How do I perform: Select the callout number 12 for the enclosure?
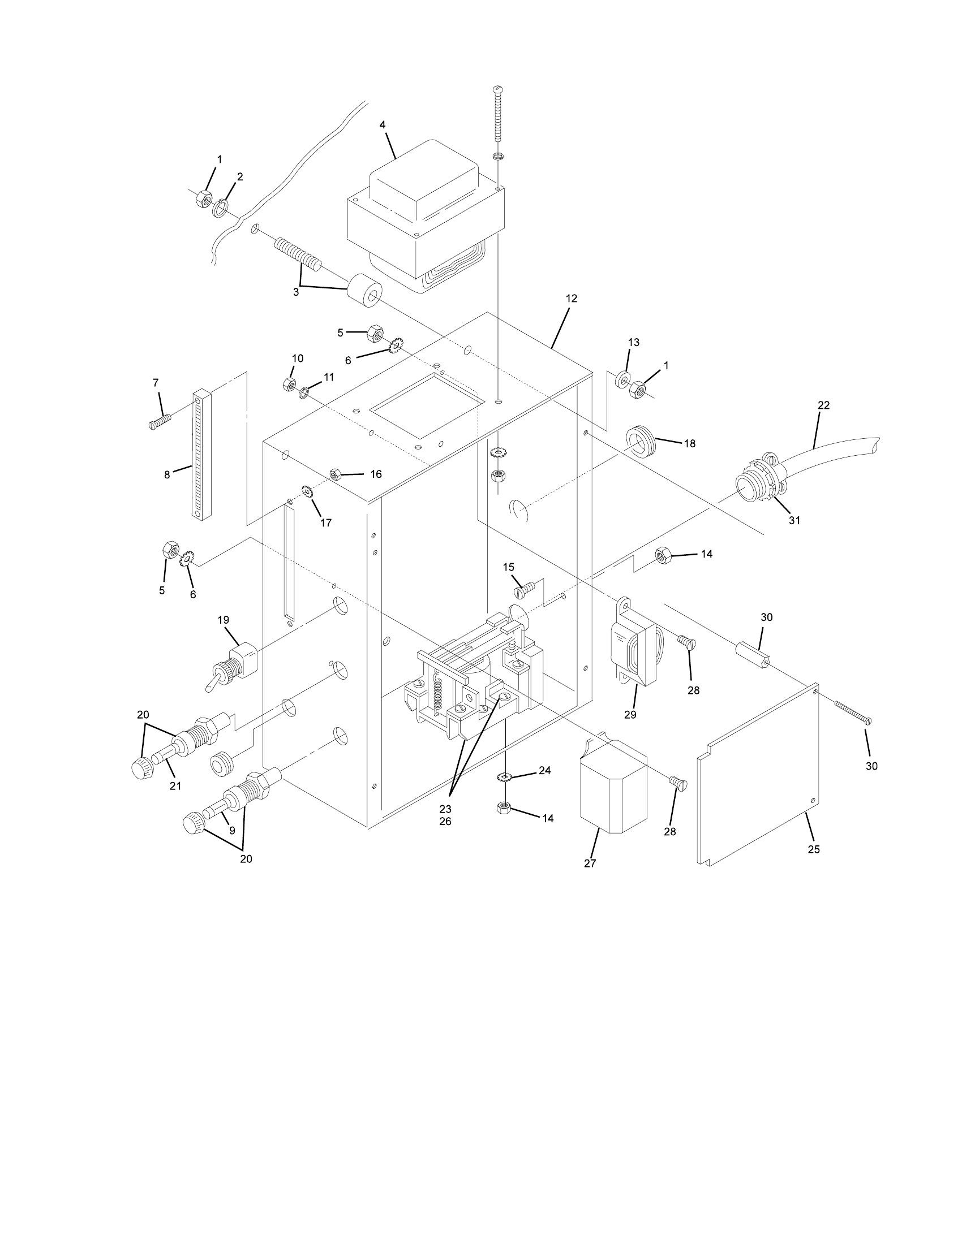(x=572, y=299)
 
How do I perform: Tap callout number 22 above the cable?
(x=823, y=405)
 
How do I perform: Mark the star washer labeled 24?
(x=504, y=777)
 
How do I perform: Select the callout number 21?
(x=175, y=786)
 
